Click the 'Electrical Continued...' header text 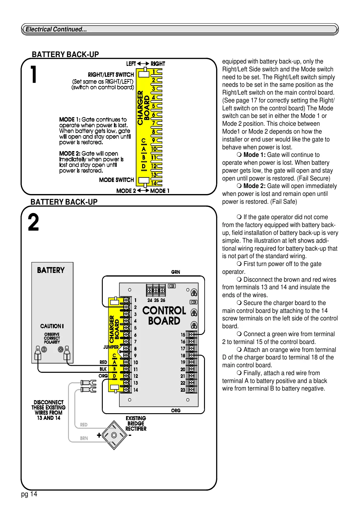[x=56, y=29]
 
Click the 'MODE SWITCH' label [x=116, y=180]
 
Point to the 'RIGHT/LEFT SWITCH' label [x=111, y=75]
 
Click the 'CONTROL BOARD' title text [x=164, y=316]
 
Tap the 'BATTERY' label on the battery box [x=51, y=270]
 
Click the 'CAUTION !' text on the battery [x=52, y=326]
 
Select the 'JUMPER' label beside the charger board [x=111, y=347]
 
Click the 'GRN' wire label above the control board [x=175, y=272]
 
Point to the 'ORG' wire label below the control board [x=176, y=410]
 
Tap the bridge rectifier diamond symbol [x=114, y=435]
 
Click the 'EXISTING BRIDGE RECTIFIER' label [x=136, y=423]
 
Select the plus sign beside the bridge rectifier [x=99, y=435]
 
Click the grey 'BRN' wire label [x=84, y=438]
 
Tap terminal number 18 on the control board [x=183, y=356]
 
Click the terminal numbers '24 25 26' [x=156, y=300]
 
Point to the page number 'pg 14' [x=29, y=494]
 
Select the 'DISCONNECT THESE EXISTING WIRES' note [x=48, y=410]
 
